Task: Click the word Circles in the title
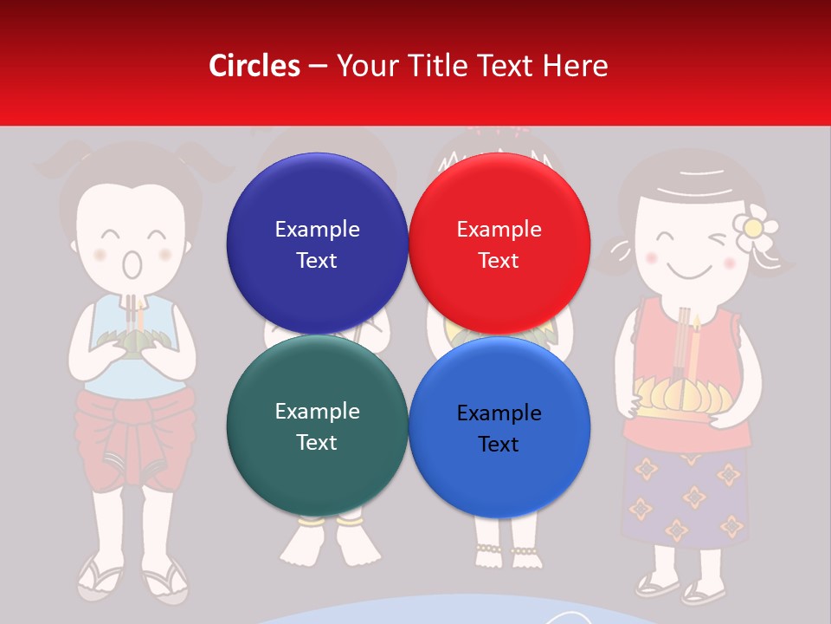coord(254,66)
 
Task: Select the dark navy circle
coord(317,244)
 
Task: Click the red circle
coord(499,244)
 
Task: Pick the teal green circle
coord(317,426)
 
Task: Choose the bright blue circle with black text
coord(499,427)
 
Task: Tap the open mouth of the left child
coord(131,264)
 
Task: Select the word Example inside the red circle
coord(499,230)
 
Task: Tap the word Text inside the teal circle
coord(317,442)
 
